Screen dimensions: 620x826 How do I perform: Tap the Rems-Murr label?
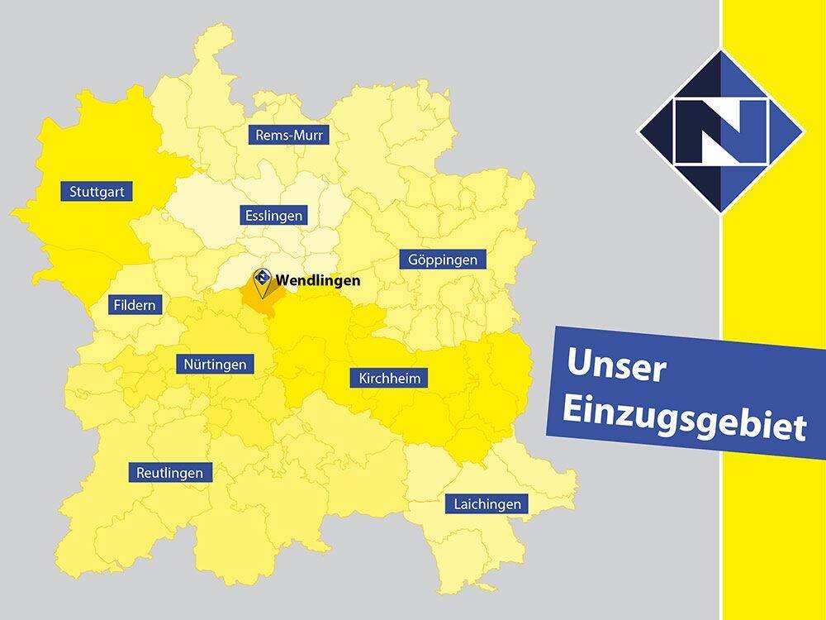289,135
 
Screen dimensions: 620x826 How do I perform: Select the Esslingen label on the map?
273,216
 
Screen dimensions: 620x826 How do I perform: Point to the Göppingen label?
443,260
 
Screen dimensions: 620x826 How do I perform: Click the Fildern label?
134,305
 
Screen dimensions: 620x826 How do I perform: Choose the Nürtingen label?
216,364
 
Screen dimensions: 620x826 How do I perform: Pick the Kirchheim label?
390,379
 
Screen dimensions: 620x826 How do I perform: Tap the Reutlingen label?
170,473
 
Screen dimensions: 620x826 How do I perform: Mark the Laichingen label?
487,503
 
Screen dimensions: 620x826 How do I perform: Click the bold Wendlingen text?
318,280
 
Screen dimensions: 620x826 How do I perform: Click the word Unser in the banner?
616,365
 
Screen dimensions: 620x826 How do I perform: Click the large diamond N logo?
720,132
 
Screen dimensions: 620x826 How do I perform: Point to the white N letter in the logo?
720,132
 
